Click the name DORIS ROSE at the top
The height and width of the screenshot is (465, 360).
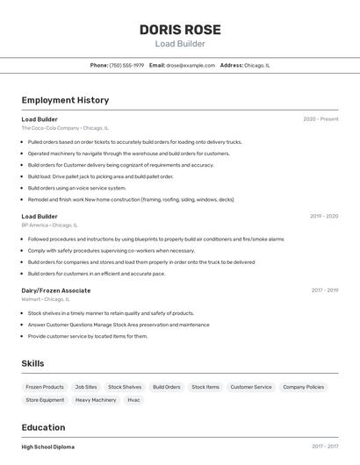[x=180, y=30]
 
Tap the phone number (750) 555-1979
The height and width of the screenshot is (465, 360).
[x=126, y=65]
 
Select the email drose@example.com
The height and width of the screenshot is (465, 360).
[x=191, y=65]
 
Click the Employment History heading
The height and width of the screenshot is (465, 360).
[x=65, y=100]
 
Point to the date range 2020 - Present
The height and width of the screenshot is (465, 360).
[x=320, y=119]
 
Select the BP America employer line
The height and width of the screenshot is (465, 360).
[x=49, y=225]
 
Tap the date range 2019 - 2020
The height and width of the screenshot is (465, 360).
[x=324, y=216]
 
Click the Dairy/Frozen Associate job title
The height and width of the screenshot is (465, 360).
[x=56, y=290]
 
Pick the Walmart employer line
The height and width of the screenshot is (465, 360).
[x=45, y=299]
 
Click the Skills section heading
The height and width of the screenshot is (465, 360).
[x=32, y=363]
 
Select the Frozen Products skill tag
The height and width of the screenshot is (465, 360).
[x=45, y=387]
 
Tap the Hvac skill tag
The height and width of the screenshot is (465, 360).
[x=134, y=400]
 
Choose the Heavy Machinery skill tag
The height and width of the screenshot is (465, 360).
[x=96, y=400]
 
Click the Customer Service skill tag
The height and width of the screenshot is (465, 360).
[x=251, y=387]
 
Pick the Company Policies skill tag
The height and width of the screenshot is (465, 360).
[x=304, y=387]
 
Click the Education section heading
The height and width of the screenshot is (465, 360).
[x=44, y=427]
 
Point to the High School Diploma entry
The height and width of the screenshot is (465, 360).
[x=48, y=447]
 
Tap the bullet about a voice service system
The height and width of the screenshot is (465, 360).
[x=77, y=188]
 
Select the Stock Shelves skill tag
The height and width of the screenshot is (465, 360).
[x=125, y=387]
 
